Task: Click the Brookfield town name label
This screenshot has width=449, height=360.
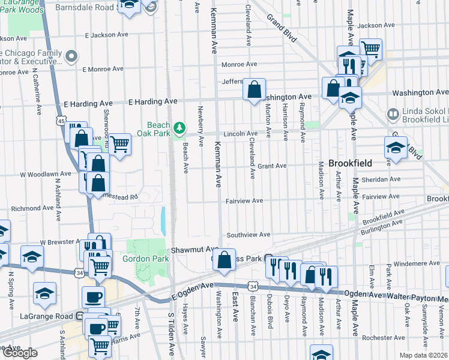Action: pyautogui.click(x=350, y=163)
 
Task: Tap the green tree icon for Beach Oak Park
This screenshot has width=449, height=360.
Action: pyautogui.click(x=179, y=127)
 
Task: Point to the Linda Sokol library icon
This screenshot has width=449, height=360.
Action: pyautogui.click(x=393, y=113)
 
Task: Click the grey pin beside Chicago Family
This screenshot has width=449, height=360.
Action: pyautogui.click(x=72, y=57)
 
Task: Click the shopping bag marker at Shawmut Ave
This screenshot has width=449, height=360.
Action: pyautogui.click(x=224, y=260)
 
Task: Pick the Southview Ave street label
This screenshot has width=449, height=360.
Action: pyautogui.click(x=249, y=235)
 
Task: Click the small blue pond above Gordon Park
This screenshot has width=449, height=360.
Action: pyautogui.click(x=163, y=221)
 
